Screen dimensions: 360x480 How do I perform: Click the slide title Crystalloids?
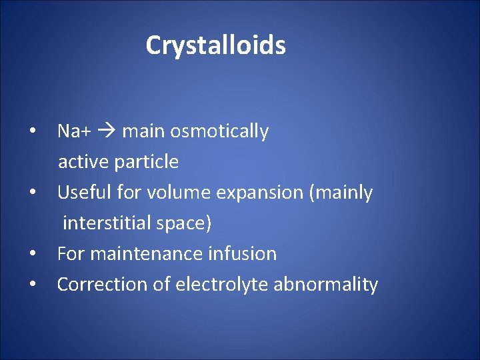coord(215,45)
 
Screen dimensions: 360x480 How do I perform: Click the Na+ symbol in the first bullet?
coord(74,131)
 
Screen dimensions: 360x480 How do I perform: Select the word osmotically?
coord(219,132)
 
